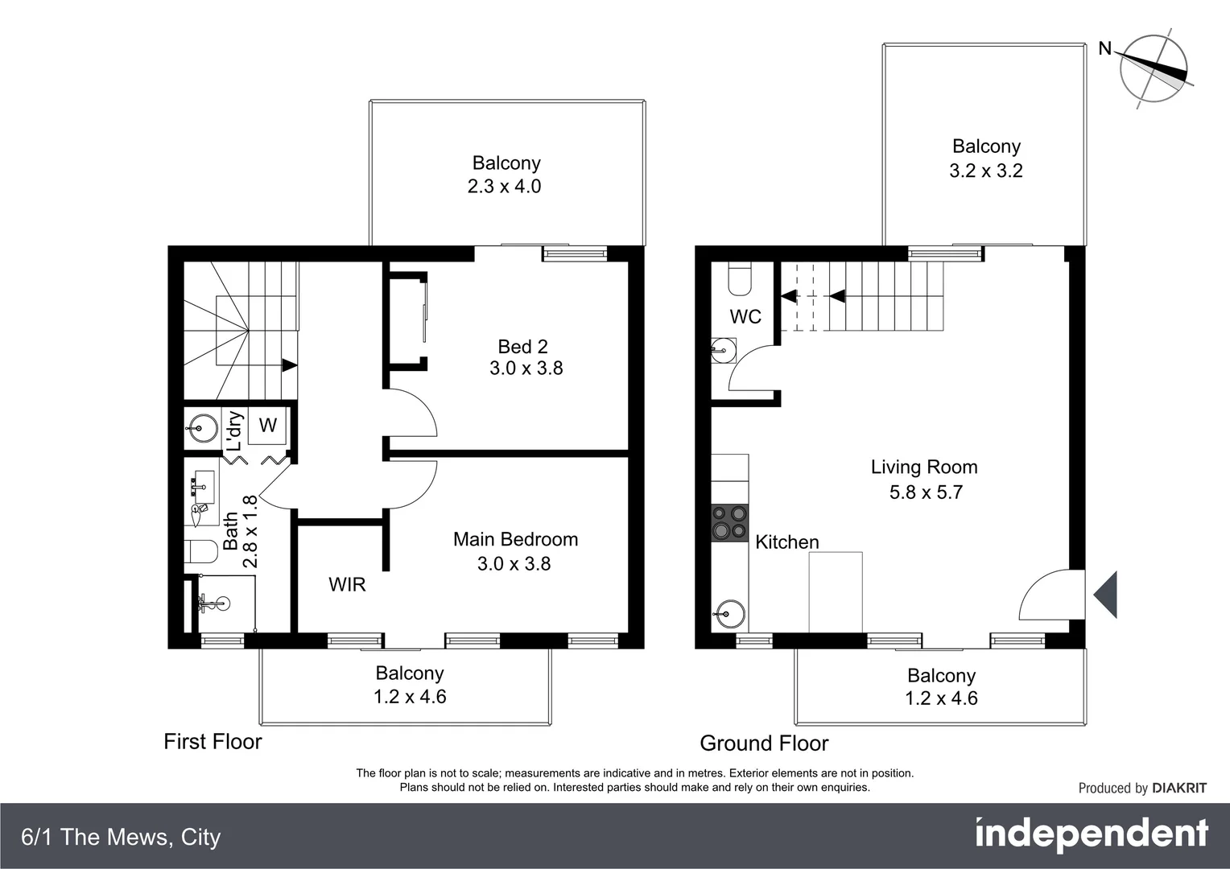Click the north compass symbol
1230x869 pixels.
[x=1154, y=68]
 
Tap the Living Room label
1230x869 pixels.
[x=924, y=467]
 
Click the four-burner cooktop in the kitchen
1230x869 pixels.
[x=729, y=522]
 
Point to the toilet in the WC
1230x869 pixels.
[x=739, y=278]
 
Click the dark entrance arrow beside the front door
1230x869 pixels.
[x=1107, y=595]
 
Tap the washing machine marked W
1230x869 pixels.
[x=267, y=426]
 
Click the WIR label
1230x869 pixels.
[x=347, y=585]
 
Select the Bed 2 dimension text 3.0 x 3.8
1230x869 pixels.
[x=526, y=369]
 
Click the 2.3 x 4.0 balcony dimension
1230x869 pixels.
[x=504, y=187]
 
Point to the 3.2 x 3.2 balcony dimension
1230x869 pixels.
[x=985, y=171]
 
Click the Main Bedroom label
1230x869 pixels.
[x=515, y=540]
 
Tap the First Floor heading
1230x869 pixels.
[x=213, y=742]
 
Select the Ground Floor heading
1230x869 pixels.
[x=764, y=743]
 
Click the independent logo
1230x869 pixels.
[x=1091, y=834]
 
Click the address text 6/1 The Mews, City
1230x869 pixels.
[x=121, y=838]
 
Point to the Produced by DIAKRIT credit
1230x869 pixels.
[x=1141, y=789]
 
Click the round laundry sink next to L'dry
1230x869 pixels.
[x=201, y=428]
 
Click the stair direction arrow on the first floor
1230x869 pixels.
[x=289, y=364]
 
